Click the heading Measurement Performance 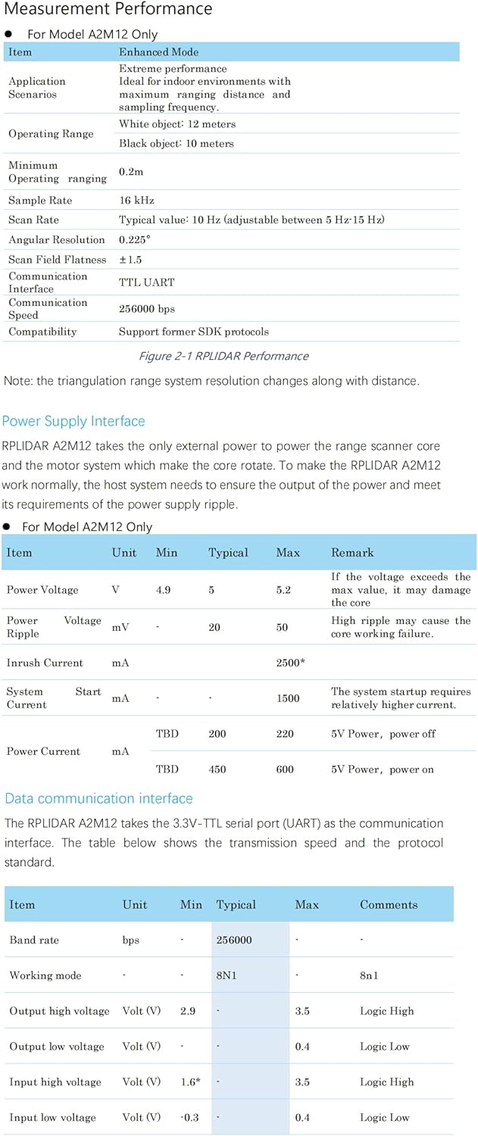(x=108, y=10)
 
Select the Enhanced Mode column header (x=158, y=52)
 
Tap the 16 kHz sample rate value (x=136, y=201)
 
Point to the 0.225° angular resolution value (x=135, y=240)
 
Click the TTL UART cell (x=146, y=282)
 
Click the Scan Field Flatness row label (x=58, y=260)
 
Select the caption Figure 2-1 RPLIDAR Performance (x=223, y=356)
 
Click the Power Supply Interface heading (x=73, y=421)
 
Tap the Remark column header (x=352, y=553)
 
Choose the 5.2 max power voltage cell (x=283, y=590)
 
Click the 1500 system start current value (x=288, y=698)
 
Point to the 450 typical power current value (x=217, y=769)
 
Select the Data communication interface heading (x=98, y=798)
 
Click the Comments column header (x=389, y=905)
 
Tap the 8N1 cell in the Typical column (x=227, y=975)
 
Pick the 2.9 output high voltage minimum (x=189, y=1011)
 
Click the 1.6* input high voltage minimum (x=190, y=1082)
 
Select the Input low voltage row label (x=53, y=1118)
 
